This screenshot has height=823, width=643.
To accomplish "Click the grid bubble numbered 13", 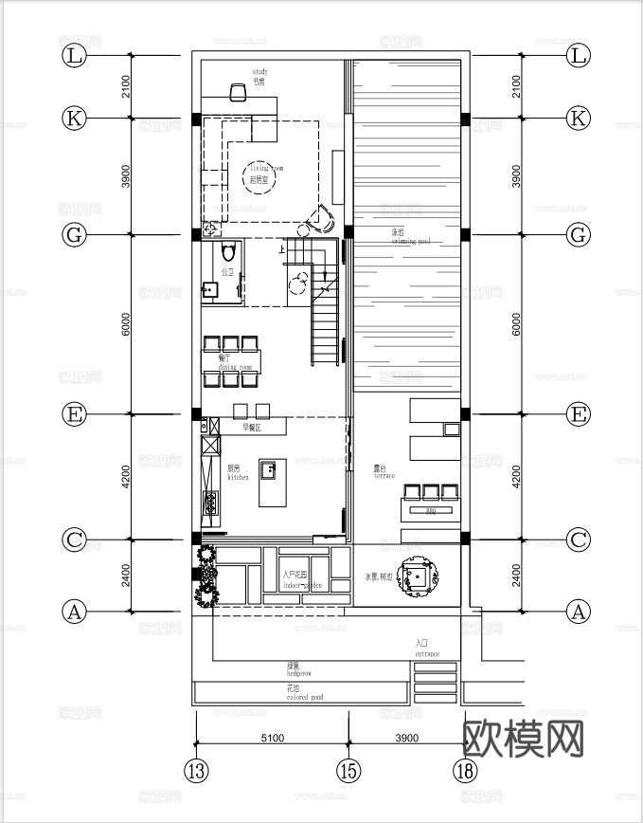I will [196, 770].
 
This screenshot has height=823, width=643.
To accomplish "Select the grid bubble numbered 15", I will [348, 770].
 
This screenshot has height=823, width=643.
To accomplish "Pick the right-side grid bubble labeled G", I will [578, 234].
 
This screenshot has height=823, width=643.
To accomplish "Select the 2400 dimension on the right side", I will [516, 576].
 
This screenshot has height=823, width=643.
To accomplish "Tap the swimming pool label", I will [410, 237].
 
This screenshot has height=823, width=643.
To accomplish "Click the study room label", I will [260, 77].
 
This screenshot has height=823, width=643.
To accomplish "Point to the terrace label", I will [384, 471].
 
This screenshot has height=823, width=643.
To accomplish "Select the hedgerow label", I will [299, 669].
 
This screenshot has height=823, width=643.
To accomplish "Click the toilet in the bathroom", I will [226, 253].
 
